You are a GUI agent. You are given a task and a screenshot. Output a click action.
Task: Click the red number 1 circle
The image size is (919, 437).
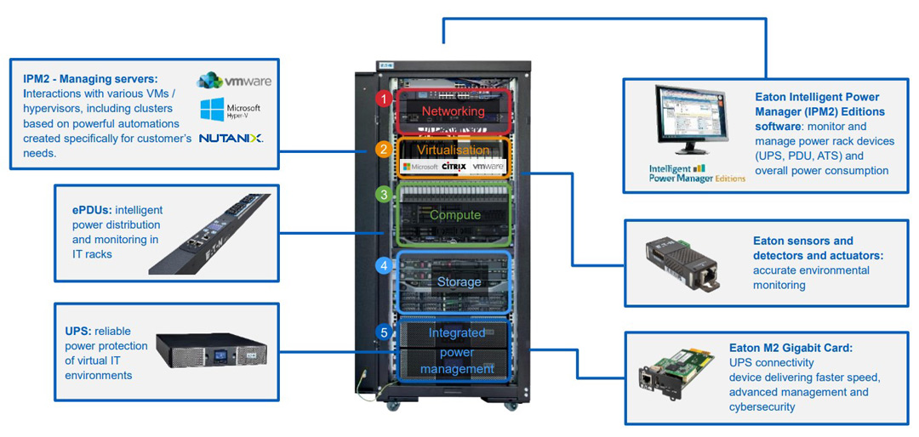(384, 99)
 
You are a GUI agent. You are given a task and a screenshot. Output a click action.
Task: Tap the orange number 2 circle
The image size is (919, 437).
(384, 150)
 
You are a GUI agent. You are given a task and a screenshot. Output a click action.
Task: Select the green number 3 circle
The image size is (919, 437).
(384, 195)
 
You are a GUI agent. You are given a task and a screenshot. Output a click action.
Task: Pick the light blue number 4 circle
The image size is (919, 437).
(384, 266)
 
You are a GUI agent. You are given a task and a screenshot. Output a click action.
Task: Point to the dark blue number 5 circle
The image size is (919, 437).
(384, 332)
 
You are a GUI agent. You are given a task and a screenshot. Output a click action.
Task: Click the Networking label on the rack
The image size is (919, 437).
(453, 111)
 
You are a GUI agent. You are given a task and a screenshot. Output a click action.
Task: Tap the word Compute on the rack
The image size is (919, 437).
(454, 215)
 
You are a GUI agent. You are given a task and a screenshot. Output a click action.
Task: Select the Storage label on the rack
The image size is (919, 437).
(459, 281)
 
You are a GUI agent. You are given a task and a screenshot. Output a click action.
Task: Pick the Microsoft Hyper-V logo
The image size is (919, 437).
(230, 109)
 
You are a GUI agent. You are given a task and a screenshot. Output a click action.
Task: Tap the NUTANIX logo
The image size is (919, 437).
(231, 138)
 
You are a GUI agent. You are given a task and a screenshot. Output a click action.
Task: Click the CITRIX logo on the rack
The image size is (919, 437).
(454, 167)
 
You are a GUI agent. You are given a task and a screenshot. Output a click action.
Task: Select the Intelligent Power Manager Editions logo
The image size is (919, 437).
(696, 173)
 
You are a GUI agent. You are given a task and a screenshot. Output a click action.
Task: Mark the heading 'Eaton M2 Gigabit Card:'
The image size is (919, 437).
(790, 347)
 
